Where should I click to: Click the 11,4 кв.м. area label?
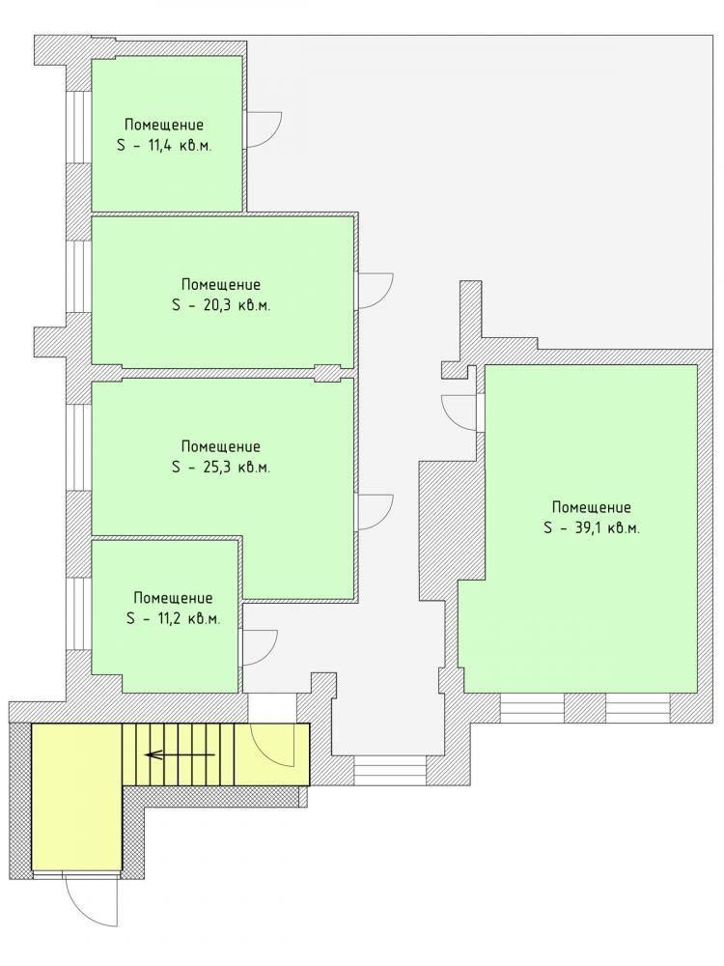(163, 146)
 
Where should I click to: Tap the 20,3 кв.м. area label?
(222, 305)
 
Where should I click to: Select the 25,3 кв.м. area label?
(222, 467)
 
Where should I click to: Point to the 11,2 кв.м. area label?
(173, 618)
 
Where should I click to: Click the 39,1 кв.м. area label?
(593, 528)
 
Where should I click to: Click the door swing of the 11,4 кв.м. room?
(264, 130)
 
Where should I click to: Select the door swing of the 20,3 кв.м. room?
(376, 290)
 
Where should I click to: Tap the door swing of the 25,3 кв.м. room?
(376, 512)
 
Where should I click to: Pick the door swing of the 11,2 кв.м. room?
(261, 647)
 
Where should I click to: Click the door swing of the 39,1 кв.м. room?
(459, 412)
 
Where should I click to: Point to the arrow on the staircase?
(180, 754)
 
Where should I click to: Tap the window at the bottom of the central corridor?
(390, 771)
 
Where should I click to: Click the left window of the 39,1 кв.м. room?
(533, 708)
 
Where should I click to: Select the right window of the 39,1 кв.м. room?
(638, 708)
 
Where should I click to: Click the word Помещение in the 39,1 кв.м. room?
(592, 508)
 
